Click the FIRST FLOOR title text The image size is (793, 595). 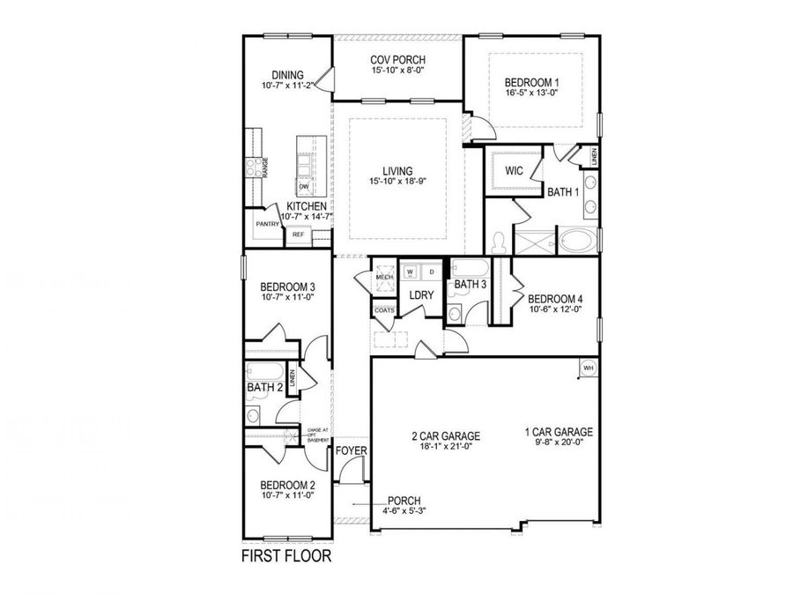(x=286, y=557)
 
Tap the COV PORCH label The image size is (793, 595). (x=396, y=61)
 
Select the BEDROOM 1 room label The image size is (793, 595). (x=531, y=82)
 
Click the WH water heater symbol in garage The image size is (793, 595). (x=588, y=367)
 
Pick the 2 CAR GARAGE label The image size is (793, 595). (x=445, y=435)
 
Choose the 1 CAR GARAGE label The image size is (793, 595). (x=558, y=432)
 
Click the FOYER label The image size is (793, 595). (x=352, y=451)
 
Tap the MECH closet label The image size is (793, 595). (x=384, y=277)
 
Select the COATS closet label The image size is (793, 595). (x=384, y=310)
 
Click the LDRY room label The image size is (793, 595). (x=421, y=294)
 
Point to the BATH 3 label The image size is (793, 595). (x=470, y=284)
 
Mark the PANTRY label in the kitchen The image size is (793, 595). (x=268, y=224)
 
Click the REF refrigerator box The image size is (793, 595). (x=298, y=234)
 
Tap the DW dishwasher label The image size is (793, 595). (x=303, y=187)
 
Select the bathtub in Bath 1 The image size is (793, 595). (x=577, y=239)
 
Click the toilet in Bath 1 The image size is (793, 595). (x=499, y=240)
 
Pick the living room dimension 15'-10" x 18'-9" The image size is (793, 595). (x=396, y=182)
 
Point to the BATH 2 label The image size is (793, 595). (x=263, y=387)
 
